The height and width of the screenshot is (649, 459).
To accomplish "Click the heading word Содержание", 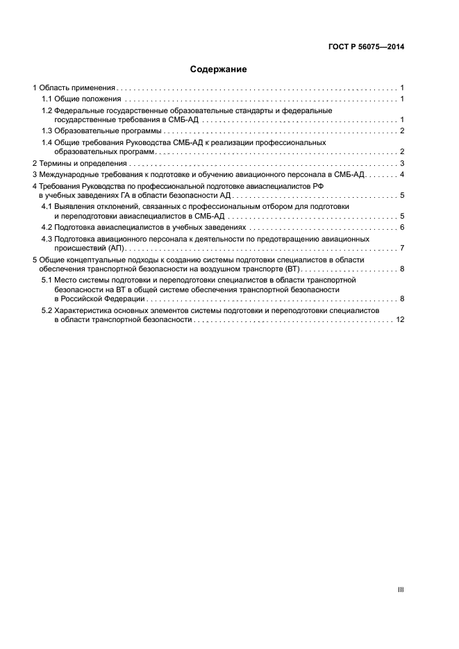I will tap(219, 69).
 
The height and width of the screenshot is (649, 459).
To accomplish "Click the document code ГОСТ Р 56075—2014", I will tap(366, 47).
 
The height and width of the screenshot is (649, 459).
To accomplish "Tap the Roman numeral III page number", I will tap(401, 589).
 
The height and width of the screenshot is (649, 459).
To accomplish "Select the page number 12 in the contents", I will tap(399, 320).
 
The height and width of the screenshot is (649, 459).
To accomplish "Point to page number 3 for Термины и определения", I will tap(402, 163).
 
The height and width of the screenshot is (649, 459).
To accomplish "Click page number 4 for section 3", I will tap(402, 174).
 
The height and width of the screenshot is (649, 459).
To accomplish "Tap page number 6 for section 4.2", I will tap(402, 228).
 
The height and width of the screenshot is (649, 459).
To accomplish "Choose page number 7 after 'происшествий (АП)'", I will tap(402, 248).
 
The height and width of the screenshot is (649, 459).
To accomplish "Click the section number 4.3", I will tap(47, 239).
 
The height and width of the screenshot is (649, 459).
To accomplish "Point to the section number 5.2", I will tap(47, 311).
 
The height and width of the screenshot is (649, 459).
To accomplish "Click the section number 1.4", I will tap(47, 142).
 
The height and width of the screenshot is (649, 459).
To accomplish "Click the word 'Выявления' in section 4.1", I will tap(74, 207).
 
